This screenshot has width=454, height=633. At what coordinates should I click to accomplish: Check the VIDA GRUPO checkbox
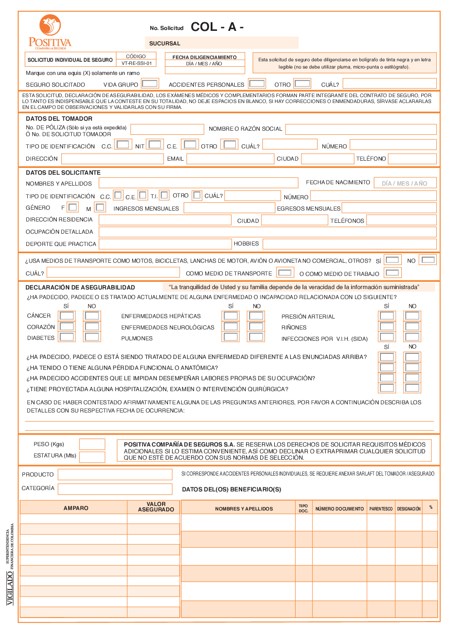[150, 83]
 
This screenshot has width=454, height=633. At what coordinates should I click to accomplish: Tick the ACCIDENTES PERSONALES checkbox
[257, 83]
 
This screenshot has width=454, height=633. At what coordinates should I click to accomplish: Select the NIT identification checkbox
[155, 145]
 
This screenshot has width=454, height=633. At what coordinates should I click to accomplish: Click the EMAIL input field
[230, 159]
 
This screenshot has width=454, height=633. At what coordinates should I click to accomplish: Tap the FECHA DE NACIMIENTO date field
[405, 183]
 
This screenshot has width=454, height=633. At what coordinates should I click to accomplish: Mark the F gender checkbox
[73, 207]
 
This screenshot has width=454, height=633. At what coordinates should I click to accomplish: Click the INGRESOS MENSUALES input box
[229, 208]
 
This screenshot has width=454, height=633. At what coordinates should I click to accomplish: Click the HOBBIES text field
[349, 244]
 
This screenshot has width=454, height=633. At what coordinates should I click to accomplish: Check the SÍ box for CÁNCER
[67, 316]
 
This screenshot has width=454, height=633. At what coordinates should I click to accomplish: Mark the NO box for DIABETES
[92, 337]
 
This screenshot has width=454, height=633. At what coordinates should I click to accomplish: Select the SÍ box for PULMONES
[231, 337]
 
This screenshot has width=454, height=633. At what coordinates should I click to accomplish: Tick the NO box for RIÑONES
[412, 326]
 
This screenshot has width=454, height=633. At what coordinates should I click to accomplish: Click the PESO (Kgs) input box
[92, 444]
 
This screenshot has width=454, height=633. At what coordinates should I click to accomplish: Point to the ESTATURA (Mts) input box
[92, 456]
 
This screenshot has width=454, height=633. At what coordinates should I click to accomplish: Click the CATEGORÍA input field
[115, 489]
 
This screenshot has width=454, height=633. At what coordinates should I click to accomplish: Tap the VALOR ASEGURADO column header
[156, 507]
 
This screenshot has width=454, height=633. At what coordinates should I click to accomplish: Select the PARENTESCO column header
[381, 509]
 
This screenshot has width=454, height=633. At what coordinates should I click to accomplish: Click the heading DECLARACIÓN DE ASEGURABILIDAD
[80, 287]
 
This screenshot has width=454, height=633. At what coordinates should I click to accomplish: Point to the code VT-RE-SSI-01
[136, 64]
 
